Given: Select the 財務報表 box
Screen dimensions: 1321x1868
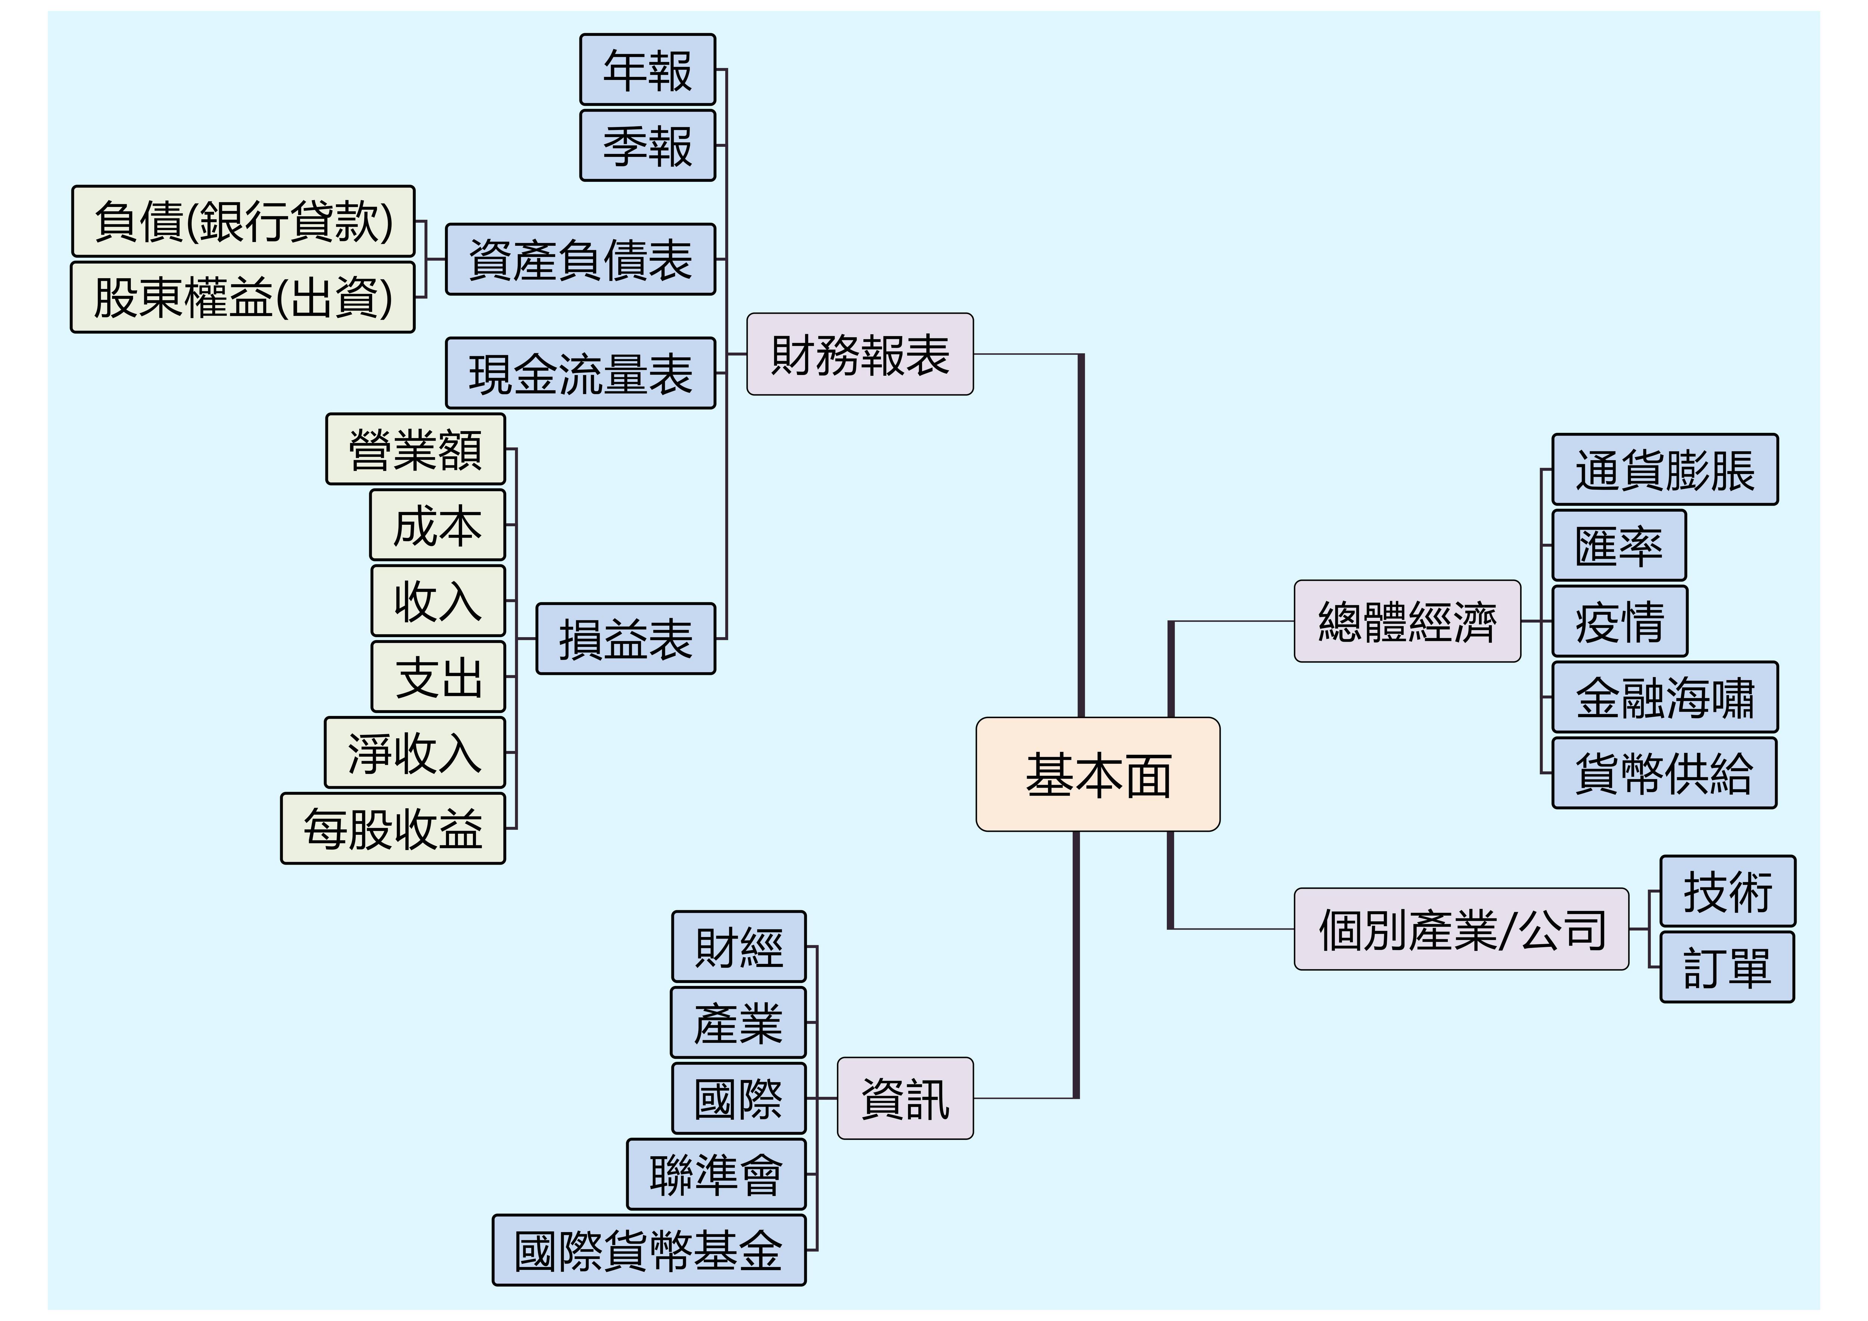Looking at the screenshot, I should (860, 354).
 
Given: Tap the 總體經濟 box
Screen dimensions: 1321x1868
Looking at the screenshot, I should (1407, 621).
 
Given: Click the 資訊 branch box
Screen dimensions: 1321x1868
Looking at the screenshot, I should (905, 1098).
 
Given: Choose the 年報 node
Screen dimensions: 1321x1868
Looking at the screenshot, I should (647, 69).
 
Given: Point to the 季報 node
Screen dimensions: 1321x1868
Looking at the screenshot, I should (647, 146).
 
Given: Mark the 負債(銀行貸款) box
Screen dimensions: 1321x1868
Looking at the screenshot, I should (243, 221).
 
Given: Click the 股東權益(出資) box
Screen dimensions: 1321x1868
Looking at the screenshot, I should (243, 297).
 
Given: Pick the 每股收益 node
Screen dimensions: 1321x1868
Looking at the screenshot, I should (393, 828).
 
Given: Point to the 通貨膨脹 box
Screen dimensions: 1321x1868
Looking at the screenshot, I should (1665, 469).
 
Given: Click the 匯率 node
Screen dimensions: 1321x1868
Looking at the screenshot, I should (1619, 545).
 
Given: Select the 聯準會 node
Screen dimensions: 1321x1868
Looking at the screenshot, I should (716, 1174).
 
